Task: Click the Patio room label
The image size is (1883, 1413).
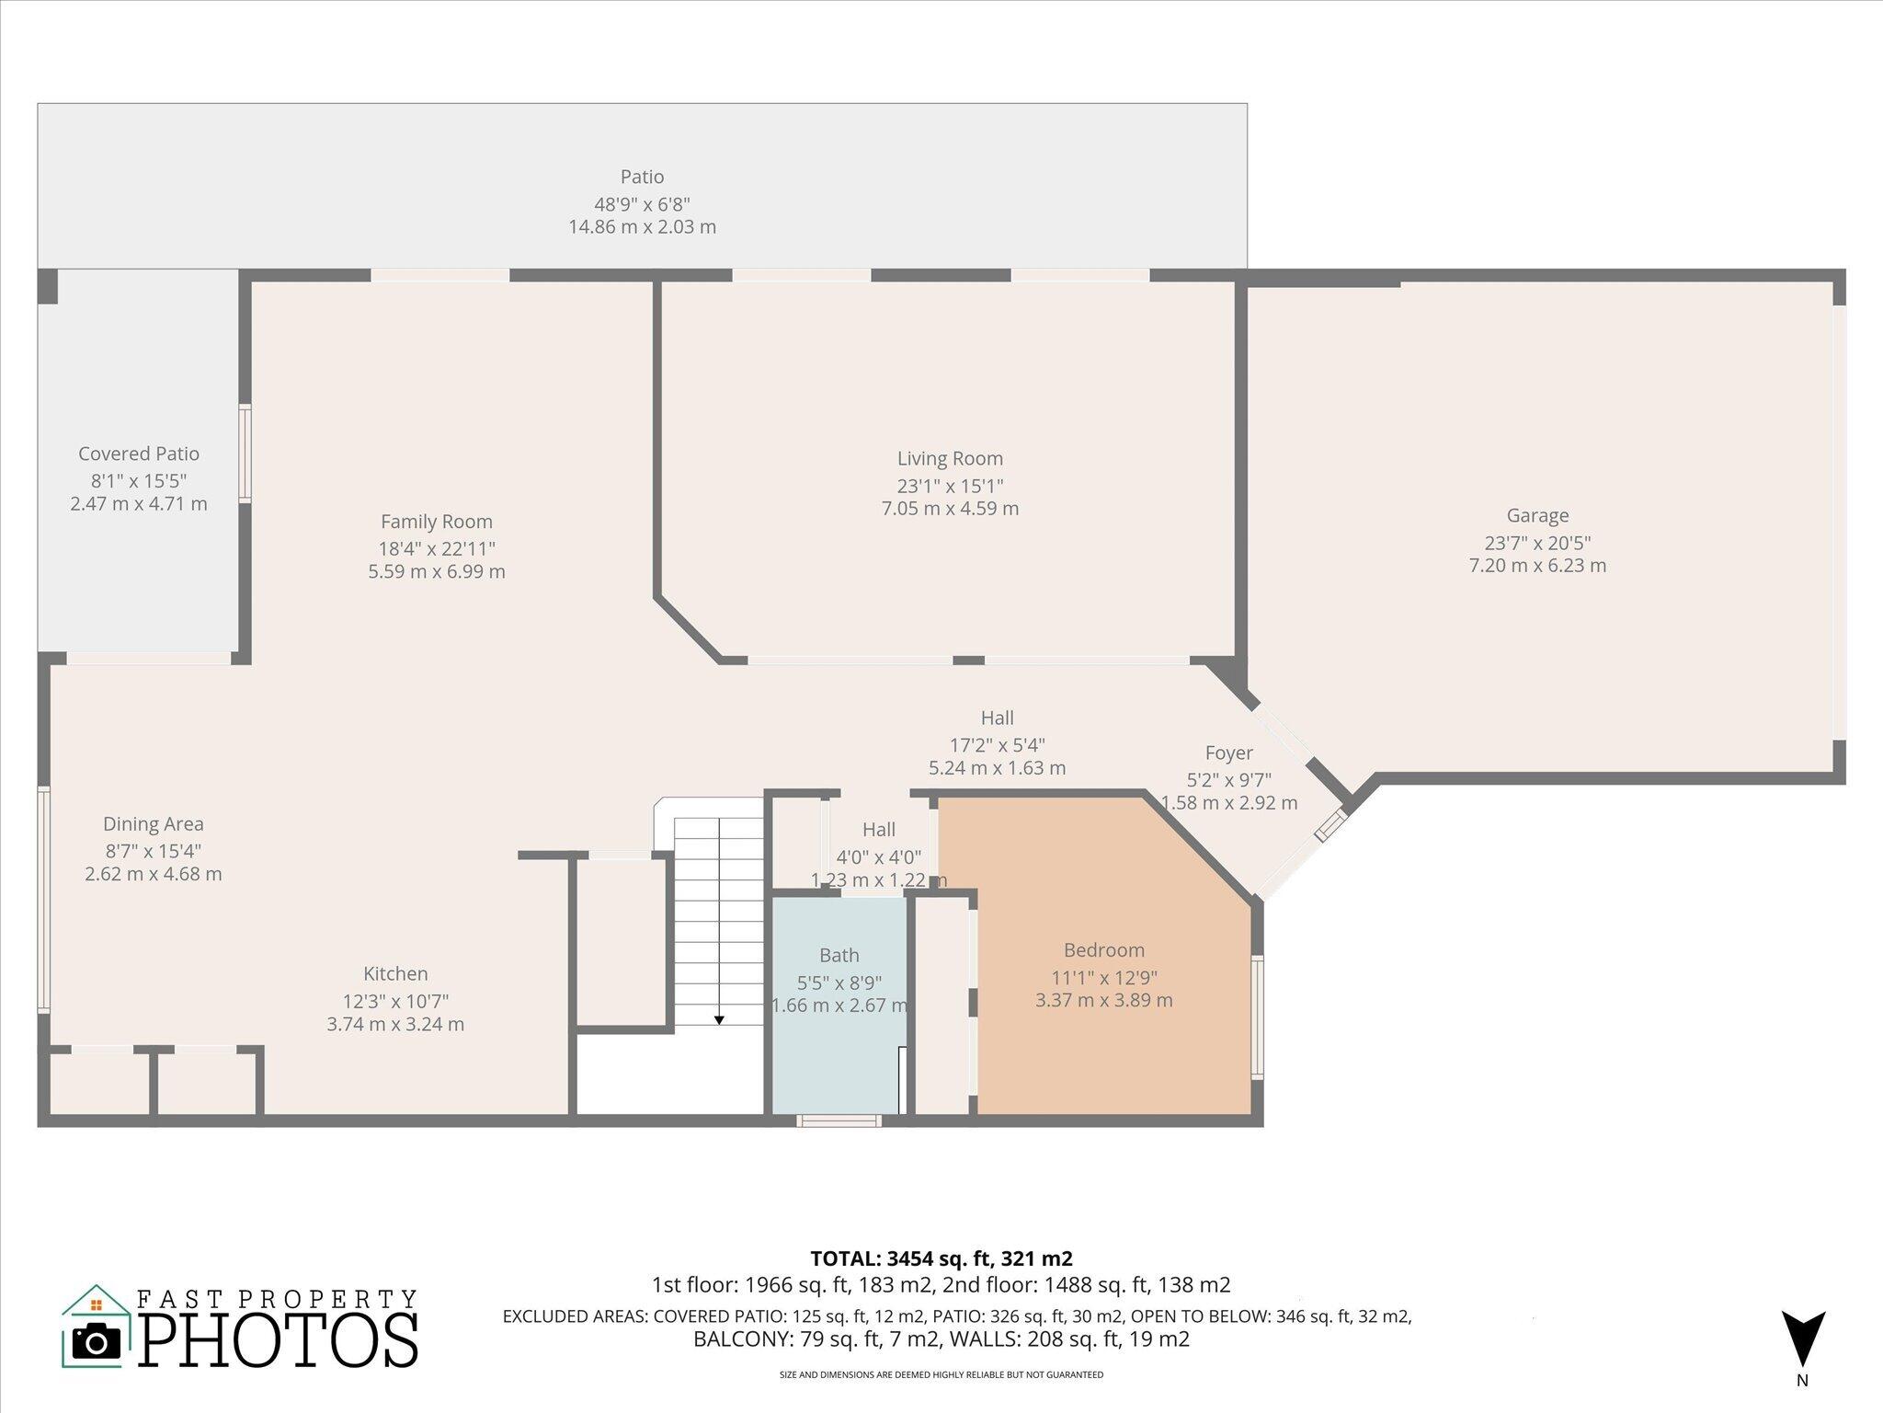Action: [642, 177]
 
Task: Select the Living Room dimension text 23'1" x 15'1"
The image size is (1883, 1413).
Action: [950, 486]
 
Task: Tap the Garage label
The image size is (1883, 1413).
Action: [1537, 516]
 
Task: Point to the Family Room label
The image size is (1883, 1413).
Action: [437, 522]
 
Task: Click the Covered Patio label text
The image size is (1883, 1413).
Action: [139, 454]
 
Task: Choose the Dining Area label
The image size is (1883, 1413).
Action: [154, 824]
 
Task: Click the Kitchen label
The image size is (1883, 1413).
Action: [395, 973]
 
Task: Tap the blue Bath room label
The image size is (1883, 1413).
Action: [839, 956]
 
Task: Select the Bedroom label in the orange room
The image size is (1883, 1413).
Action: [1104, 950]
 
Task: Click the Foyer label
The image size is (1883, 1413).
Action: [1228, 753]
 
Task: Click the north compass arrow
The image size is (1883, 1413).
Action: [1802, 1338]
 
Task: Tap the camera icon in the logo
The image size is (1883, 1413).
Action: [96, 1340]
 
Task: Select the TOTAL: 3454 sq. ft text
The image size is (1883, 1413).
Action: [941, 1258]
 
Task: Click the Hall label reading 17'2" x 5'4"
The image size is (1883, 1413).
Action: [997, 743]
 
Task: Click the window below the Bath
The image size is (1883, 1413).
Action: [839, 1120]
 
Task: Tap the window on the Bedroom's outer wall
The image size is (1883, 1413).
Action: [1257, 1017]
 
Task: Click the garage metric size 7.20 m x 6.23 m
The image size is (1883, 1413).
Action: [1537, 566]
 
